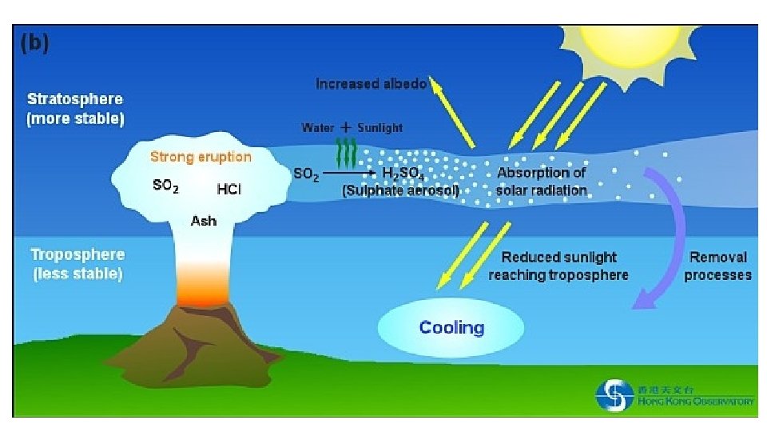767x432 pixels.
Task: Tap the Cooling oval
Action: click(451, 326)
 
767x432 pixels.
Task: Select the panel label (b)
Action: click(34, 42)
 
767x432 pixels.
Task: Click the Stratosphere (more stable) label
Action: click(75, 109)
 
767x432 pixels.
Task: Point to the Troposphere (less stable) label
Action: click(77, 264)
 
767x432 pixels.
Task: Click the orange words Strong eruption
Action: click(201, 157)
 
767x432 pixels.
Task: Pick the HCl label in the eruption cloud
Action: click(229, 190)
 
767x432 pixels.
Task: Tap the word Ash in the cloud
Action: click(203, 220)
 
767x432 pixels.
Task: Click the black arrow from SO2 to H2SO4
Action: click(348, 172)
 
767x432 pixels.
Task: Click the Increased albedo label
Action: click(372, 83)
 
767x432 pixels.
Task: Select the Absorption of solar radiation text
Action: click(542, 182)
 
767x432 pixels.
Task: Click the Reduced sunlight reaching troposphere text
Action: click(558, 266)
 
